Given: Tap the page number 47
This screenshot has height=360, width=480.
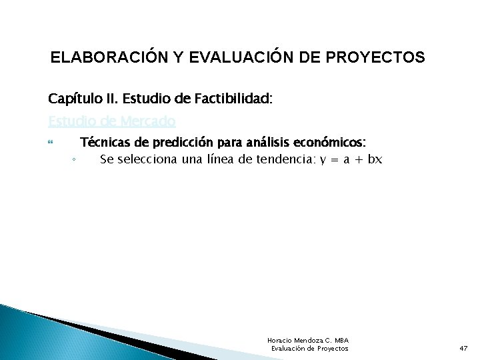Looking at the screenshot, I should click(463, 349).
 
